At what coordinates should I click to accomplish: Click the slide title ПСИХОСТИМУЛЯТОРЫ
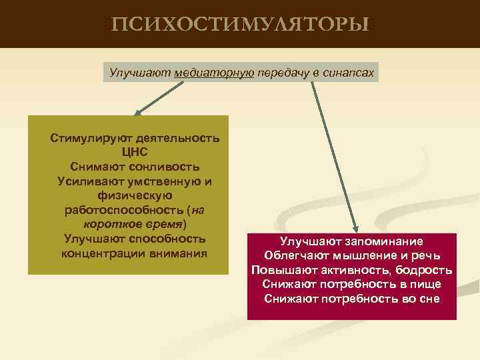239,25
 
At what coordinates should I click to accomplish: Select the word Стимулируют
91,139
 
